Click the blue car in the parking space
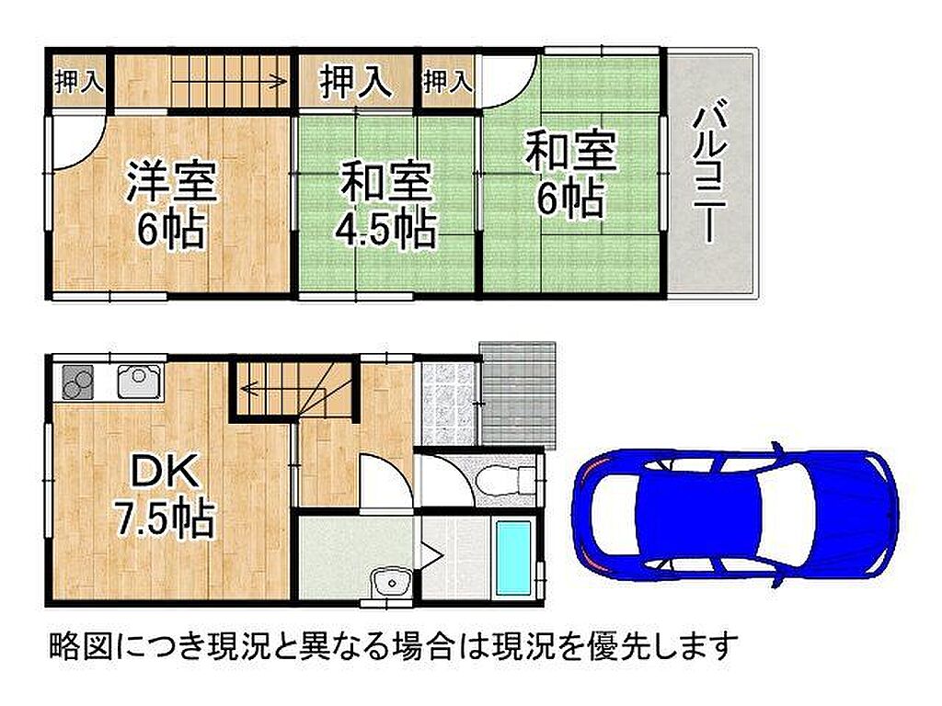(734, 514)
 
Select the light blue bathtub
(513, 558)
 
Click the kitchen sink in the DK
(141, 381)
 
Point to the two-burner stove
(75, 382)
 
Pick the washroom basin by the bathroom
(389, 582)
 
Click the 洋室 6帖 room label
(171, 203)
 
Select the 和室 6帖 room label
(570, 174)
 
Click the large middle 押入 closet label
(356, 82)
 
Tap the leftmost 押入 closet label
(79, 81)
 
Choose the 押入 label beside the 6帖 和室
(448, 81)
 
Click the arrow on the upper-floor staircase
(228, 82)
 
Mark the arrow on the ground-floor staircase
(282, 390)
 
